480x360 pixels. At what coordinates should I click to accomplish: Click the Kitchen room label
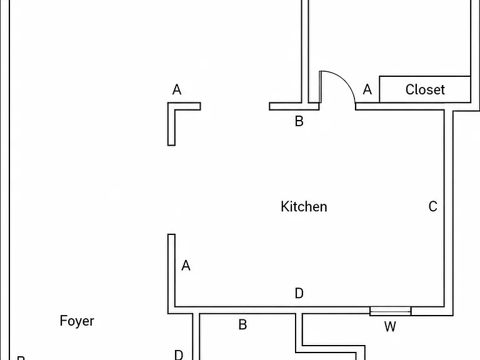click(x=304, y=207)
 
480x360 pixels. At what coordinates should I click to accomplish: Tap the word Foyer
click(x=77, y=321)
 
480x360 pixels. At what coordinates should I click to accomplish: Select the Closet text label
click(x=425, y=90)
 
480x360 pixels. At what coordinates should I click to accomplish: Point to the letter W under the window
click(x=390, y=327)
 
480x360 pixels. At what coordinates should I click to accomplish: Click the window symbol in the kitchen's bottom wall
click(x=390, y=311)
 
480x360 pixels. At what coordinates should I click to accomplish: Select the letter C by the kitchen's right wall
click(x=433, y=207)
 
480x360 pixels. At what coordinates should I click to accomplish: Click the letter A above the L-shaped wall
click(x=177, y=90)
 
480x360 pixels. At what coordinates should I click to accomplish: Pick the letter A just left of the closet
click(x=367, y=90)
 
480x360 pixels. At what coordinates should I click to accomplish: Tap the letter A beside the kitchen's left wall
click(x=186, y=266)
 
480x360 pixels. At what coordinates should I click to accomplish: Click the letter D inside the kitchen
click(x=299, y=293)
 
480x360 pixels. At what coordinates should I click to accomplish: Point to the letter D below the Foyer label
click(x=179, y=355)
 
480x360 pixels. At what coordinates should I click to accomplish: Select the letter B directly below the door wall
click(x=299, y=121)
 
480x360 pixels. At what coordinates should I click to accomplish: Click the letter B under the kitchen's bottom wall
click(x=242, y=325)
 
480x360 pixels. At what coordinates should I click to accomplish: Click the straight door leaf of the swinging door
click(x=320, y=87)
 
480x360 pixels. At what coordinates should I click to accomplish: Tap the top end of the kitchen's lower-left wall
click(x=171, y=234)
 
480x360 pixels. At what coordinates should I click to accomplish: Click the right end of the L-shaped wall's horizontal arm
click(x=201, y=106)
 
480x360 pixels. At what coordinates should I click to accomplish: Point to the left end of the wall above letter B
click(x=269, y=106)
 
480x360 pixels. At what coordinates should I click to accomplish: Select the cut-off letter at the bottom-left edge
click(x=21, y=358)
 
